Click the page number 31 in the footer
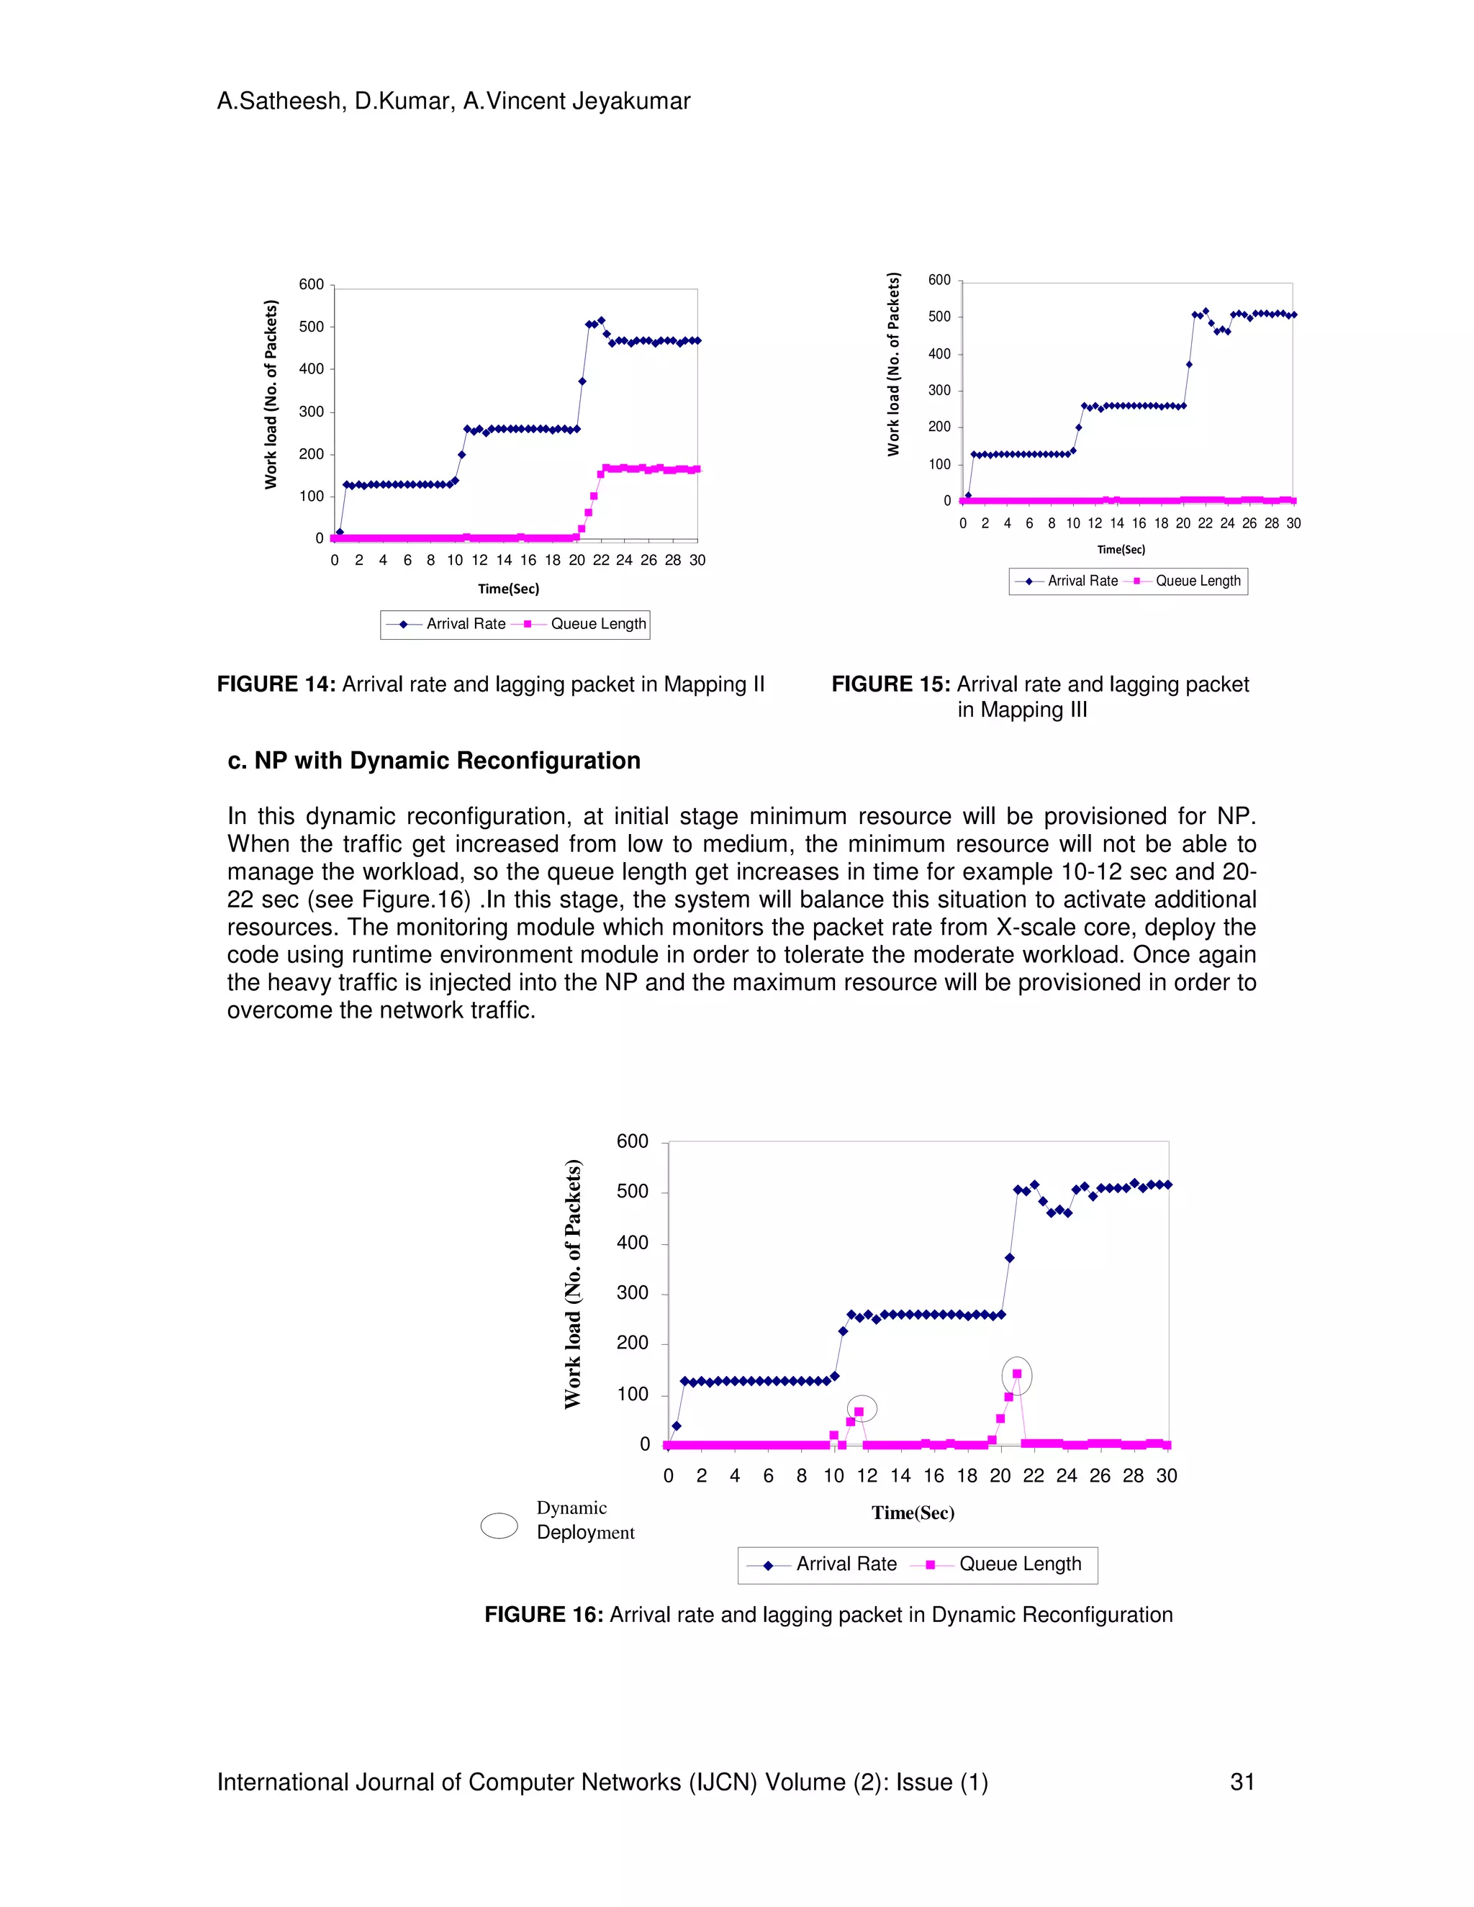pos(1242,1782)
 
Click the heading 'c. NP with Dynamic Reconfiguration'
pos(434,761)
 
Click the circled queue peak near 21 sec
pos(1016,1374)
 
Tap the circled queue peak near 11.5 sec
pos(859,1412)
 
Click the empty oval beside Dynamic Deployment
pos(499,1526)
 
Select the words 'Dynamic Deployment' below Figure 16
pos(585,1520)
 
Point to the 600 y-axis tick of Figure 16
pos(632,1141)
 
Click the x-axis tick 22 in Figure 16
pos(1033,1476)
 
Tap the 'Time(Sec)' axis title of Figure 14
pos(508,589)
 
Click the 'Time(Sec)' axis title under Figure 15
pos(1121,549)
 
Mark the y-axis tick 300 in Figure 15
pos(939,390)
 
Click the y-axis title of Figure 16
pos(573,1284)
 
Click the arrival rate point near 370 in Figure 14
pos(582,381)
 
